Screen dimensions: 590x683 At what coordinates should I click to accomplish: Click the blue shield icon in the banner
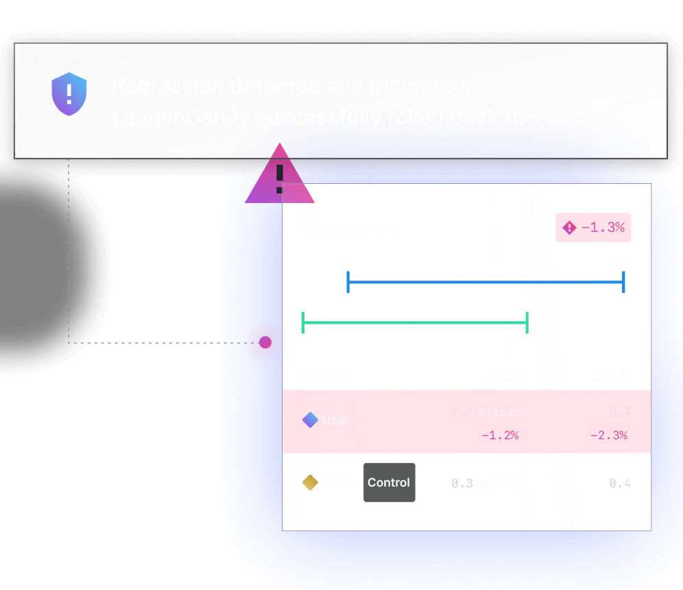point(69,95)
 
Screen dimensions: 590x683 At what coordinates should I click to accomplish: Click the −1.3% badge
point(595,228)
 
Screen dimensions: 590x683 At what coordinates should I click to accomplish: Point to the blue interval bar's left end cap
point(348,282)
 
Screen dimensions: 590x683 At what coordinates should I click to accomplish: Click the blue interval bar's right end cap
point(623,282)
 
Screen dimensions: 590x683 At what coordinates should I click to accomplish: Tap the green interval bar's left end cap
point(302,322)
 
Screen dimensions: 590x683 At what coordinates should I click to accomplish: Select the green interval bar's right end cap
point(527,322)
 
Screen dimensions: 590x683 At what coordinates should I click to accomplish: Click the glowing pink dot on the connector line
point(265,342)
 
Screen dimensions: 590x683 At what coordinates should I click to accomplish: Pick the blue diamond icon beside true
point(310,420)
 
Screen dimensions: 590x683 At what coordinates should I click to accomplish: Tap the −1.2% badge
point(500,435)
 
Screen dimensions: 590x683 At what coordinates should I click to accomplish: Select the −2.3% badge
point(608,435)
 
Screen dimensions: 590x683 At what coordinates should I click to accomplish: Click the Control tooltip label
point(389,482)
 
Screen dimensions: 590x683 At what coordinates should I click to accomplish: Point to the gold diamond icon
point(310,483)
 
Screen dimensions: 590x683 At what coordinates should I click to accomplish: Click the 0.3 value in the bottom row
point(462,484)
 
